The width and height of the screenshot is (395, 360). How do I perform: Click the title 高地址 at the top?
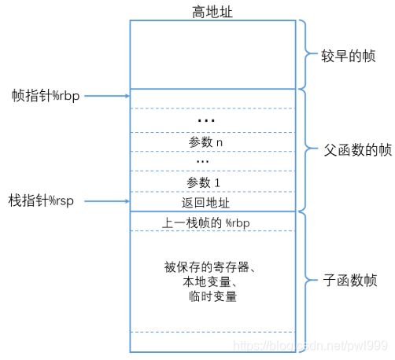pyautogui.click(x=212, y=10)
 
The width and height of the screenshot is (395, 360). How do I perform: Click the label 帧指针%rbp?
pyautogui.click(x=44, y=96)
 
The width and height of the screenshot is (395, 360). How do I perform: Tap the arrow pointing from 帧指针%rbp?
pyautogui.click(x=106, y=96)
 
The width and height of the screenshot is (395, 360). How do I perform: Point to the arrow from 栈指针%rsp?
pyautogui.click(x=106, y=202)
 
